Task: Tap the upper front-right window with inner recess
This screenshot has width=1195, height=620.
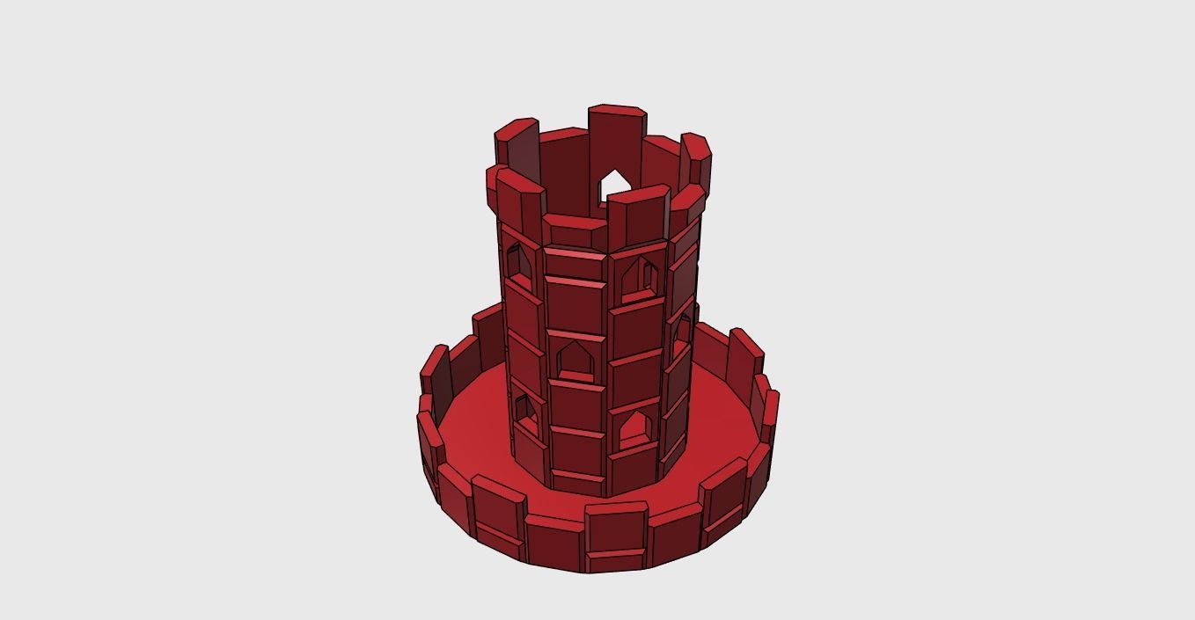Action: [637, 280]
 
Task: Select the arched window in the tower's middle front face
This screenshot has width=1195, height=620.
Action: [573, 361]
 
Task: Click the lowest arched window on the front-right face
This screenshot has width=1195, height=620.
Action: [634, 429]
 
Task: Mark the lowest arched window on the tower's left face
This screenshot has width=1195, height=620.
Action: [524, 412]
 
